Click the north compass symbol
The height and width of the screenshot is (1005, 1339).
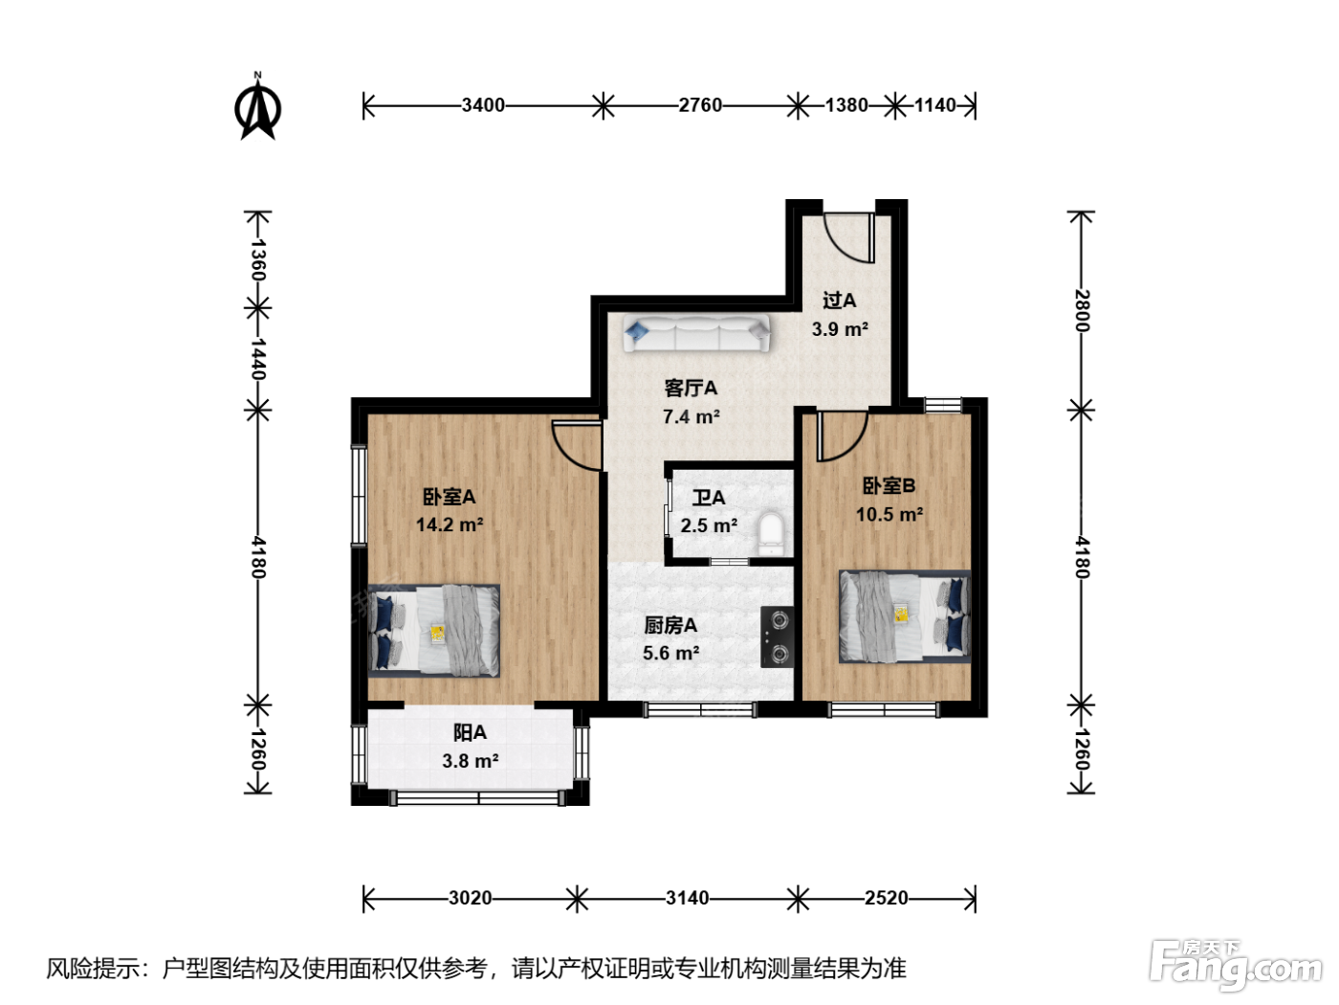257,107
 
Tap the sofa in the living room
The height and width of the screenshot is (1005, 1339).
696,332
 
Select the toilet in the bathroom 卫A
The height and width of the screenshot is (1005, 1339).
771,534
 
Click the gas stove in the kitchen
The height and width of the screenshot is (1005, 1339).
778,636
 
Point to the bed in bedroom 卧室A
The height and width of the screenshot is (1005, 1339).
433,631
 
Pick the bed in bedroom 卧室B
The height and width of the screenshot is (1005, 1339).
905,616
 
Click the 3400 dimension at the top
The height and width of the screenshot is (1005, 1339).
483,105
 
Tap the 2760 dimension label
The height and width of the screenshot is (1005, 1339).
700,105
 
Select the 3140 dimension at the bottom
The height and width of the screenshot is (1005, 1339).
688,898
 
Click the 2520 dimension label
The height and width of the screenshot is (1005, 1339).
887,898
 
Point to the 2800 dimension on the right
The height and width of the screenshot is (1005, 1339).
1082,310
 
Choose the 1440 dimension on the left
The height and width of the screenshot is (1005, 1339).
258,359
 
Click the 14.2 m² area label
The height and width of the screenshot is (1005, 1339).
450,525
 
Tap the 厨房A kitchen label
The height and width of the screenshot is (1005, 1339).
670,625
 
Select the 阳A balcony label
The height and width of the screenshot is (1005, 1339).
470,732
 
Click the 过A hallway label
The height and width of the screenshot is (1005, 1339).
840,301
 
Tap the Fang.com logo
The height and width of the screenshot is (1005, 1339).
1236,966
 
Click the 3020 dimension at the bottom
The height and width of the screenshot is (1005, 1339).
471,898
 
